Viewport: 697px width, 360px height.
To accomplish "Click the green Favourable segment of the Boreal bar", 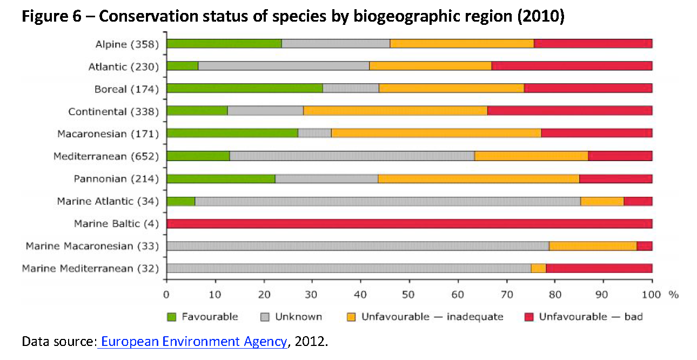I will click(244, 89).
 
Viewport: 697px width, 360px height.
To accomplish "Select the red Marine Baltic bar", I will click(409, 224).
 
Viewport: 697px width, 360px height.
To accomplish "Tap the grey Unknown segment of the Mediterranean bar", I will click(352, 156).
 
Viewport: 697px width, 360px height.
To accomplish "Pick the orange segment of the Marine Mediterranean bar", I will click(538, 269).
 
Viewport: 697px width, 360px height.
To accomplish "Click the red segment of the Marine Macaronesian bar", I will click(644, 246).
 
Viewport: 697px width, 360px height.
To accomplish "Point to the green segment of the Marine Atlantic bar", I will click(180, 201).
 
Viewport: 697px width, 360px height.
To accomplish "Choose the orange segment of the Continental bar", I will click(395, 111).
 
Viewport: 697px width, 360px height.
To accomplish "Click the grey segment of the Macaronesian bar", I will click(314, 134).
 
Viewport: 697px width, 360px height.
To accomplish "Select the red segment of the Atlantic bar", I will click(572, 66).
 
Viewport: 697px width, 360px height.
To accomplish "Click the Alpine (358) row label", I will click(127, 44).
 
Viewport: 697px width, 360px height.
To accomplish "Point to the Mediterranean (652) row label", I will click(106, 157).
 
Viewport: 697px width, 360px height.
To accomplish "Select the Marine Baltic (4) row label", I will click(116, 224).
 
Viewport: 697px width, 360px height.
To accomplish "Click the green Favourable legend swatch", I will click(172, 317).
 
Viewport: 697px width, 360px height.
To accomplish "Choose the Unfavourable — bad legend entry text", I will click(591, 317).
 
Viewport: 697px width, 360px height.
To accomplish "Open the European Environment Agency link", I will click(194, 342).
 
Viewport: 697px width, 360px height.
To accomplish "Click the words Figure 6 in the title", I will click(50, 17).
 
